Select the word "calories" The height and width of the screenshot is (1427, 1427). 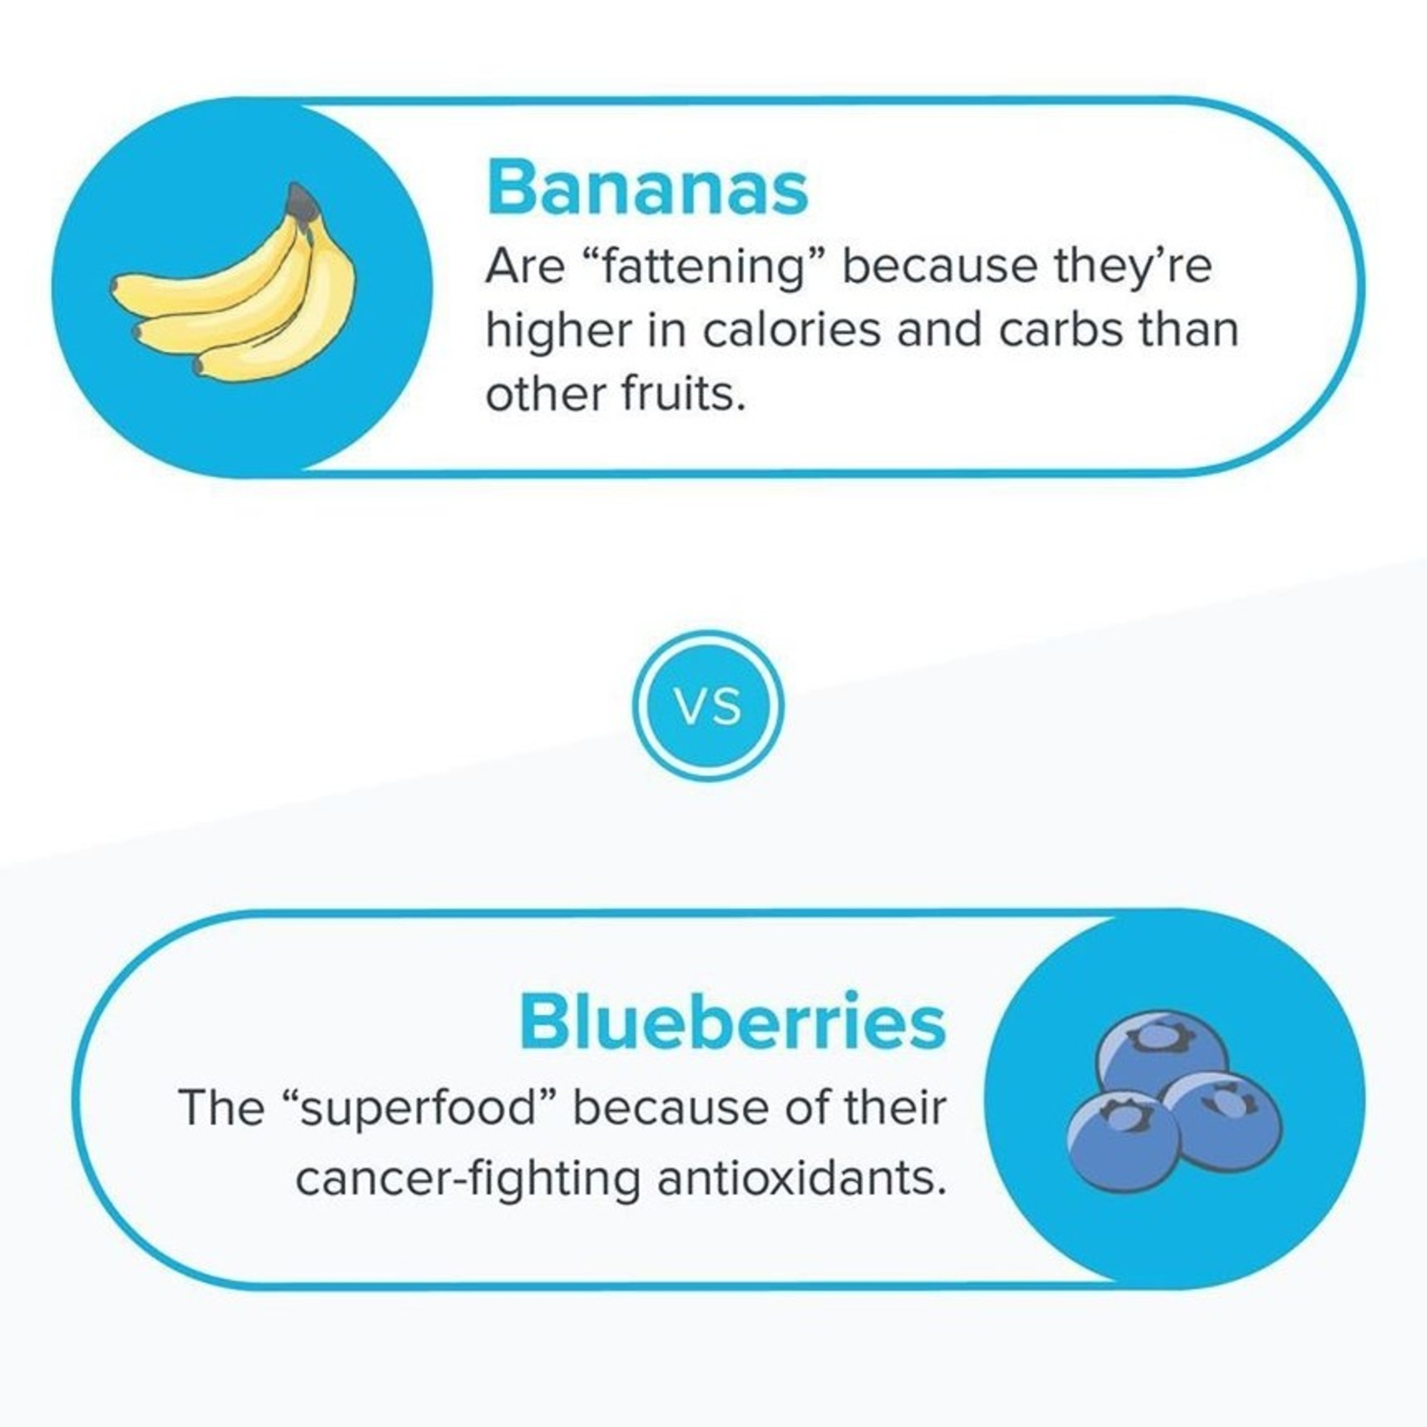pyautogui.click(x=791, y=330)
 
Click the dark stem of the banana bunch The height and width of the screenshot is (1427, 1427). pyautogui.click(x=303, y=202)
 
